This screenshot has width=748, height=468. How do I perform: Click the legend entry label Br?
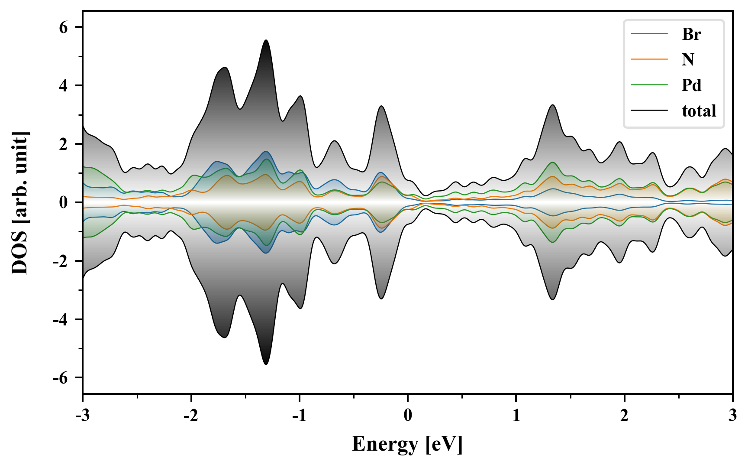pos(691,34)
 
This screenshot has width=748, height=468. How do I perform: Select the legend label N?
pos(688,59)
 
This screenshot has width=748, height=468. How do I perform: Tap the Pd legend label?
pos(691,85)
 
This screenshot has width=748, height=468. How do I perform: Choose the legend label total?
pos(699,111)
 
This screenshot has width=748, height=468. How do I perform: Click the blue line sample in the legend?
pos(649,34)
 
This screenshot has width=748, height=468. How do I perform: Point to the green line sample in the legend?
pos(649,85)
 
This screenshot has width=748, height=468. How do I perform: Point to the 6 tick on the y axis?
pos(64,27)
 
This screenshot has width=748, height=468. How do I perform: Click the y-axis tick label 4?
pos(64,86)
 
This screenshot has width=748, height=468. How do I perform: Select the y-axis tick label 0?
pos(64,202)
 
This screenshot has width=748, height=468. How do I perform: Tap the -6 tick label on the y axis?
pos(61,378)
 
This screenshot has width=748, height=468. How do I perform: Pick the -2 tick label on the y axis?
pos(61,261)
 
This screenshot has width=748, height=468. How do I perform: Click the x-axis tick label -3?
pos(82,416)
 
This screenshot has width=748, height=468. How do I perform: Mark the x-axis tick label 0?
pos(408,416)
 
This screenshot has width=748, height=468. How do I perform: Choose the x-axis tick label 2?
pos(624,416)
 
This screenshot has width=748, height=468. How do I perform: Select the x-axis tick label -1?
pos(299,416)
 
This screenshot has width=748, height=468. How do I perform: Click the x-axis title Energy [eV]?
pos(407,444)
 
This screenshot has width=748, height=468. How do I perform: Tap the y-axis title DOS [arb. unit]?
pos(20,202)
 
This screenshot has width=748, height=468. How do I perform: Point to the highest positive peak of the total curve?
pos(266,40)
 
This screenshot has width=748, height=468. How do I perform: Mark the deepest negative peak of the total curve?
pos(266,364)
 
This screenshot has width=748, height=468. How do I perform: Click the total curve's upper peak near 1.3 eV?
pos(552,105)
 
